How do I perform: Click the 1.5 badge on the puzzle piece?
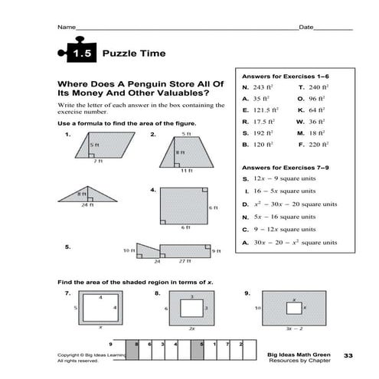click(x=82, y=54)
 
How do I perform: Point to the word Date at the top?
click(x=305, y=28)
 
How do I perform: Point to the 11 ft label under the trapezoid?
click(x=186, y=171)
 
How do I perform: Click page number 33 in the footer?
click(x=348, y=355)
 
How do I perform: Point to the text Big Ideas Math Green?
click(x=294, y=354)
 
